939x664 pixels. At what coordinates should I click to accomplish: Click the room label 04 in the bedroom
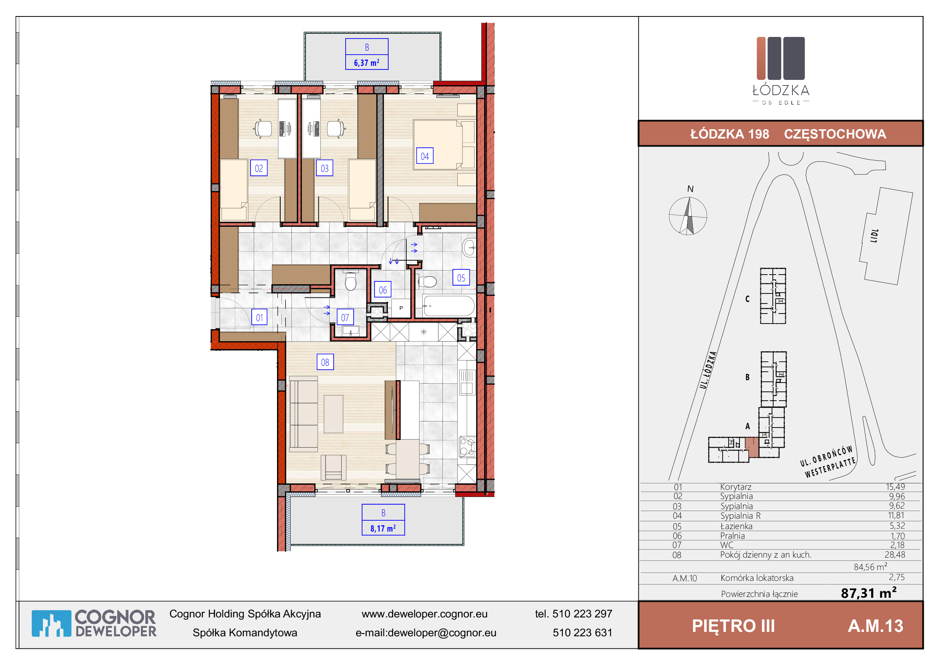424,156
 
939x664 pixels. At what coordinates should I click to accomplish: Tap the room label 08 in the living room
325,362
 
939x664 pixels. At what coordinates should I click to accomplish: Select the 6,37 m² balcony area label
367,63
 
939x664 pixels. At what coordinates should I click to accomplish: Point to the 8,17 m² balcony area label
383,528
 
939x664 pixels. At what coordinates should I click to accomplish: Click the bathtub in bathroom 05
449,306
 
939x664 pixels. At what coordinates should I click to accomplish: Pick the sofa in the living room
303,414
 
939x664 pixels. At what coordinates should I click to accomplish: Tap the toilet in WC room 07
350,281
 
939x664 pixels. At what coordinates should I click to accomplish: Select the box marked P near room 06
401,308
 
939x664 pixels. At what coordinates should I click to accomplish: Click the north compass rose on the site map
688,216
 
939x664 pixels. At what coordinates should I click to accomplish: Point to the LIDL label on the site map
874,236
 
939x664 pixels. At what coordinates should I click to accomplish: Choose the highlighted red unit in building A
752,447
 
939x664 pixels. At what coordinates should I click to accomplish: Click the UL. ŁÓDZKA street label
708,370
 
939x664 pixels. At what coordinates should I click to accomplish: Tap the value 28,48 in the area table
895,555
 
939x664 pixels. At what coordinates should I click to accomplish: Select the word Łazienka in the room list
736,526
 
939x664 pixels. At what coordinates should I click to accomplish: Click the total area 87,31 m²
869,593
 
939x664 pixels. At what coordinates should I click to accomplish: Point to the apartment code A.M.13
876,626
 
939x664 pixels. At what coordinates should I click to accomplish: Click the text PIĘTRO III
733,626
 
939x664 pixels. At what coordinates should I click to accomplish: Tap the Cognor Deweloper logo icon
51,623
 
